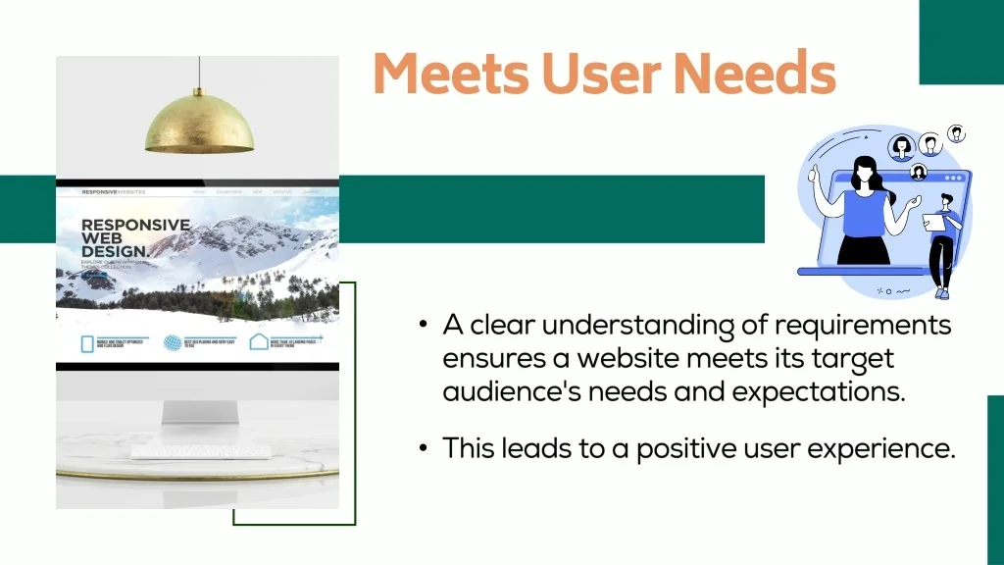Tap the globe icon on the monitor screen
173,343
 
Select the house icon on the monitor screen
258,342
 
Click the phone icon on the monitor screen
86,344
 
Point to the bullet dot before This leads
424,448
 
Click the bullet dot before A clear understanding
424,325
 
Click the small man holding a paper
942,240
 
